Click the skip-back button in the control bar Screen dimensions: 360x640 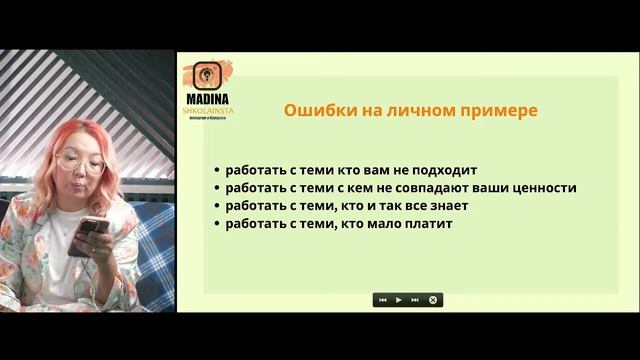(382, 300)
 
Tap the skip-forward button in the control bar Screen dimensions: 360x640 (415, 300)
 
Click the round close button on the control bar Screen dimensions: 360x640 (433, 300)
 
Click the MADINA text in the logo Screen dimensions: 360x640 (208, 100)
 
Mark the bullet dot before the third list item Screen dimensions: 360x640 (217, 207)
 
